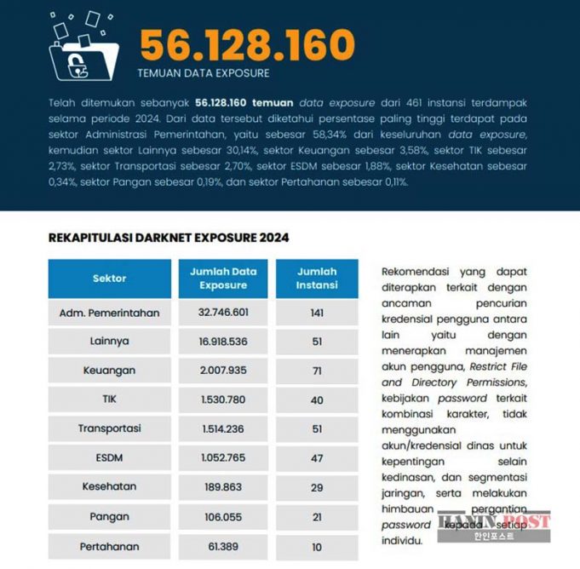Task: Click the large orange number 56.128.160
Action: (x=247, y=43)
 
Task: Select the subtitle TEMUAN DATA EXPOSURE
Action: (x=203, y=73)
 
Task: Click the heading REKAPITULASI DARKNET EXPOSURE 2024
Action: (x=169, y=238)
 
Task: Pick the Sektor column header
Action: (x=109, y=278)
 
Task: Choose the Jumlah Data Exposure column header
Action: (x=223, y=278)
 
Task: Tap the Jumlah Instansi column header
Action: (x=317, y=278)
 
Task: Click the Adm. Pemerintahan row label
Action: (x=109, y=313)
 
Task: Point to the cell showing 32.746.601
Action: (x=223, y=313)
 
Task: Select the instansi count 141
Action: (x=317, y=313)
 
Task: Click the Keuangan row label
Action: (x=109, y=371)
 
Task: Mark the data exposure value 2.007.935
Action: (x=223, y=371)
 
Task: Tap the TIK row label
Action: (x=109, y=399)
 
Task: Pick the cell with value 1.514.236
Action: (x=223, y=428)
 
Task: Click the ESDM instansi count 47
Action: (x=317, y=457)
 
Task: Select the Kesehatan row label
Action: (x=109, y=487)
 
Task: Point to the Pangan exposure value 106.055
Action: (x=223, y=516)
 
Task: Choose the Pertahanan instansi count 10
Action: (x=317, y=545)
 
